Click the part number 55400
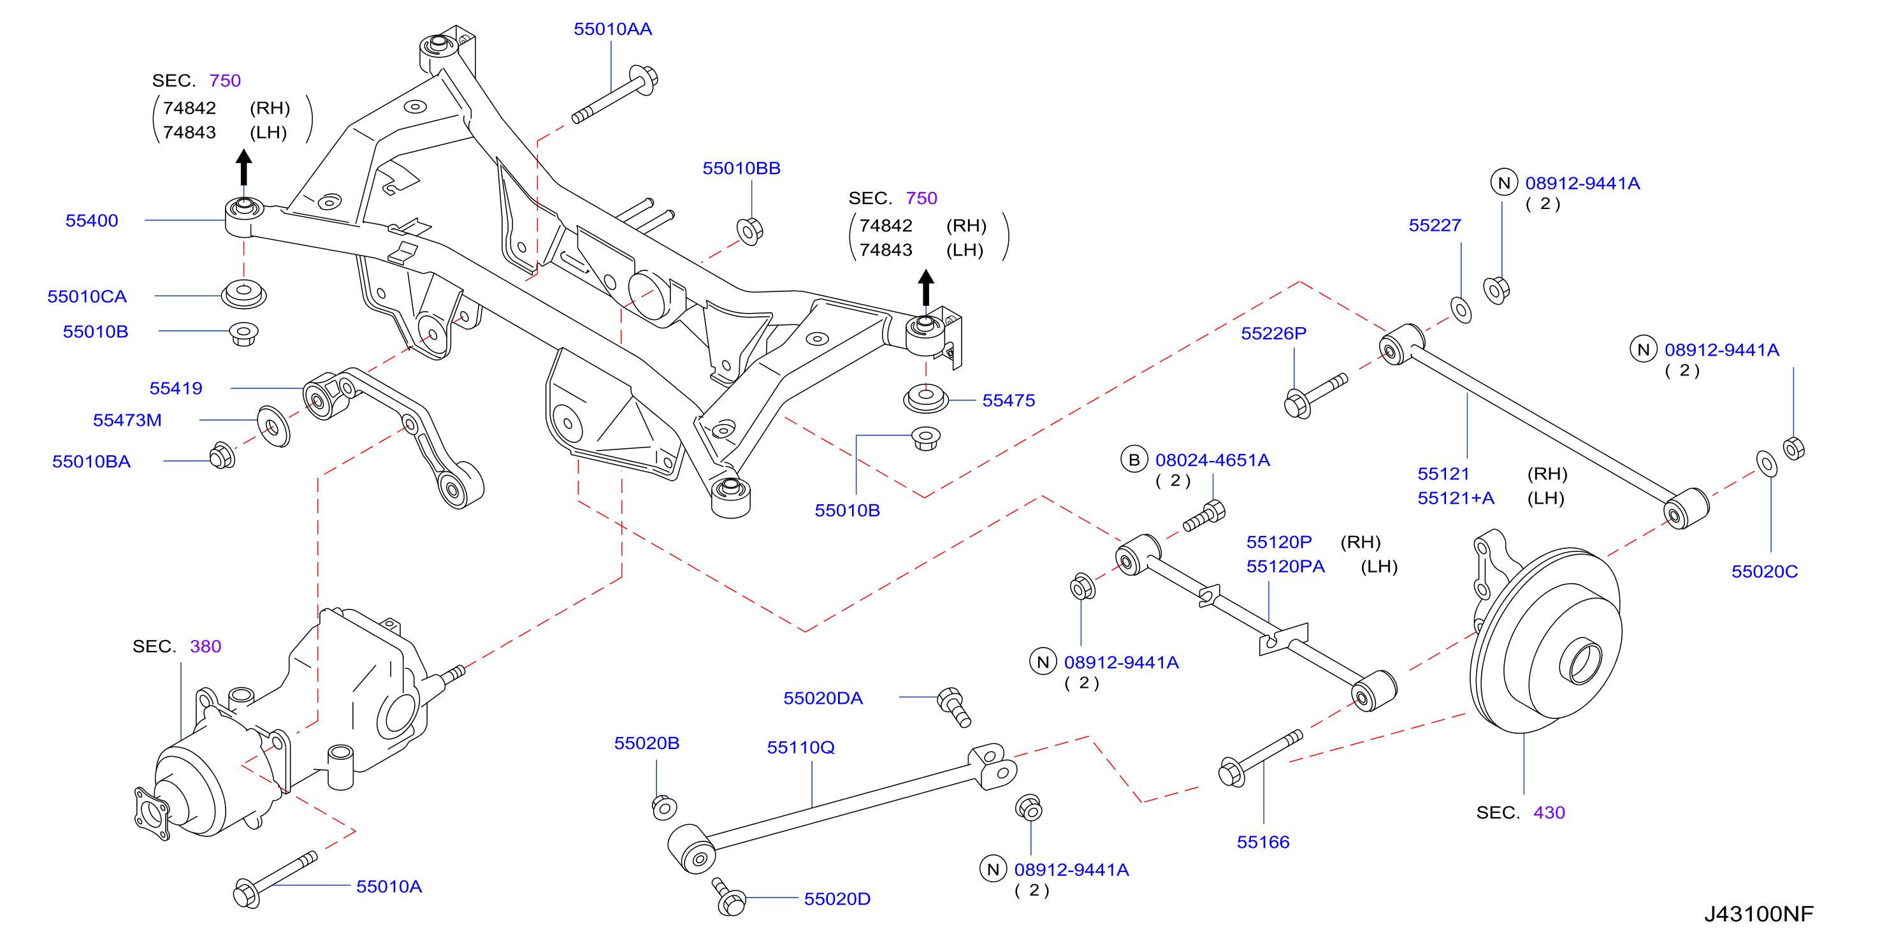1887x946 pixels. (92, 221)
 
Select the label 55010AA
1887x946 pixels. (612, 29)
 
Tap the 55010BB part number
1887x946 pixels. (741, 168)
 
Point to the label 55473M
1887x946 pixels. (127, 421)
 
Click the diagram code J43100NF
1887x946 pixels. (1758, 913)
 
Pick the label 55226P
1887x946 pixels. (1273, 333)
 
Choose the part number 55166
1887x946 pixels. (1263, 842)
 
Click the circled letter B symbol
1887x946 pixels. (1133, 460)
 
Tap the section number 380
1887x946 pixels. (205, 646)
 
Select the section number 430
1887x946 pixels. (1549, 813)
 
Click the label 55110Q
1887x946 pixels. (800, 747)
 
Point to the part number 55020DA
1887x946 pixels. (823, 698)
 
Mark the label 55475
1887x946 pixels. (1008, 401)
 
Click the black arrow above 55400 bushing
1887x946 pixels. (244, 167)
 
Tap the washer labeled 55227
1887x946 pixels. (1461, 310)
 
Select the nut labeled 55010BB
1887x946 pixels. (749, 231)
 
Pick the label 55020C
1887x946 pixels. (1764, 572)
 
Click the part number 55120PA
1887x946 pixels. (1285, 567)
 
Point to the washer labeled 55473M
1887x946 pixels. (273, 426)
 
